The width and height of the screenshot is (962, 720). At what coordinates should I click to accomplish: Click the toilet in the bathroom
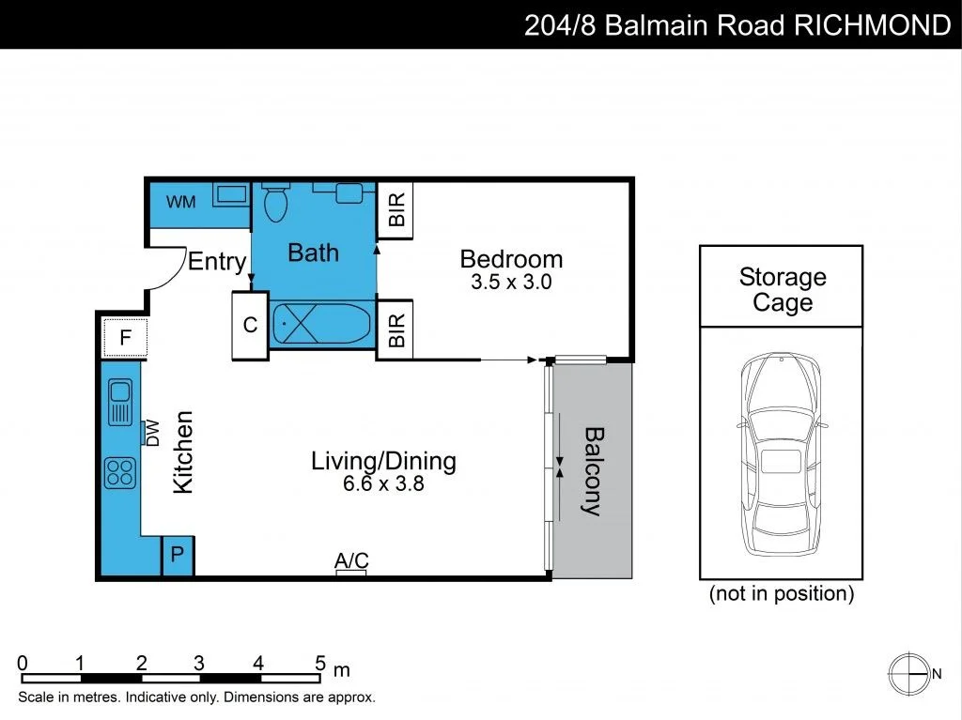(x=275, y=203)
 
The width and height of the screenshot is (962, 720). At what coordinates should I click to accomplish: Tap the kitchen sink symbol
(x=119, y=401)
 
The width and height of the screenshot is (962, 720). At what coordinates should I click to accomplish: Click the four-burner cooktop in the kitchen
(x=119, y=471)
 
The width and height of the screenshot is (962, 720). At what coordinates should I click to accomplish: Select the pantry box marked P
(x=177, y=556)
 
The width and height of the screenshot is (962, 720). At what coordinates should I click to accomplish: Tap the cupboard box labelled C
(x=250, y=325)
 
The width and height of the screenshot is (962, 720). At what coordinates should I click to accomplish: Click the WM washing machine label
(x=180, y=202)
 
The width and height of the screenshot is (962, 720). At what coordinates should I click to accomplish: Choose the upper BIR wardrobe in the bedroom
(x=396, y=208)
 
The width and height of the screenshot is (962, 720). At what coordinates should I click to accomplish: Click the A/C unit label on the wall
(x=351, y=561)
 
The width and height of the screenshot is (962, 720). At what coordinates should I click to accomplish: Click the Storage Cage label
(x=782, y=290)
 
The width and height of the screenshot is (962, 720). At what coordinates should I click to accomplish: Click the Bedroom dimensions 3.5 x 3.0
(x=510, y=282)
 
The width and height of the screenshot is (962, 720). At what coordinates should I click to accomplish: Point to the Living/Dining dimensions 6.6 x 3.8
(x=383, y=484)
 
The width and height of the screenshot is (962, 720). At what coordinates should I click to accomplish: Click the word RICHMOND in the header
(x=873, y=24)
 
